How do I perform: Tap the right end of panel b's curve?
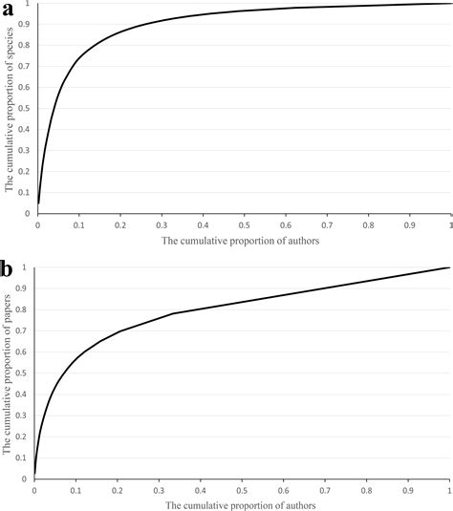[448, 268]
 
